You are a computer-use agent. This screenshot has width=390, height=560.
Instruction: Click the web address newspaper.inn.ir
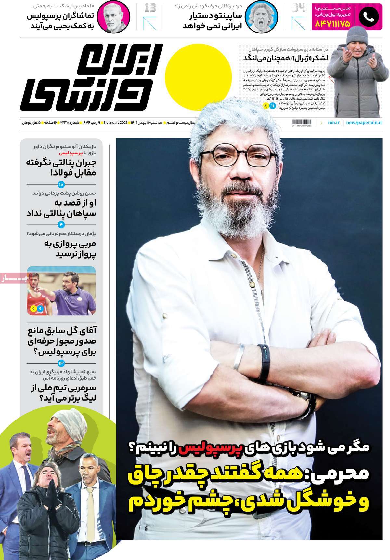click(x=364, y=122)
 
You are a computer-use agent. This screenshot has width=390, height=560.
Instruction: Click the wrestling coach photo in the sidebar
click(x=61, y=291)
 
